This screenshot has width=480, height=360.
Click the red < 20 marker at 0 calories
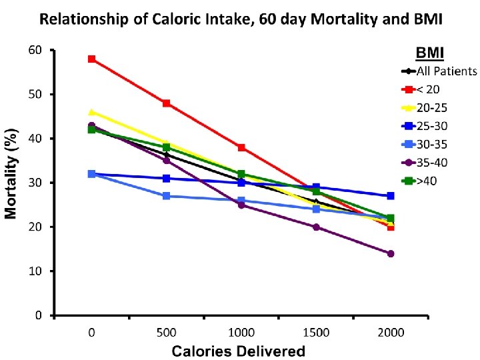(91, 59)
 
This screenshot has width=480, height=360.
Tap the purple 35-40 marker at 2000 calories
(391, 253)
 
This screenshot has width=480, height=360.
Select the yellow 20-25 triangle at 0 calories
(91, 112)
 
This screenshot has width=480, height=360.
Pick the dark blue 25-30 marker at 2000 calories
(391, 196)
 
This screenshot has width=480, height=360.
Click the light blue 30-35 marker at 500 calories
(166, 196)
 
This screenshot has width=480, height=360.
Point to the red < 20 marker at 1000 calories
(241, 147)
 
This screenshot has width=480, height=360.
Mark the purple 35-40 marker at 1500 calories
(316, 227)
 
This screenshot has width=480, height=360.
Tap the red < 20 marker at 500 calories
(166, 103)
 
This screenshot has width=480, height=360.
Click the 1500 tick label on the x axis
(316, 331)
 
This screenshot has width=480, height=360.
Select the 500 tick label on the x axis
(166, 331)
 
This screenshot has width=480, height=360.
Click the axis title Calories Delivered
(239, 350)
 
